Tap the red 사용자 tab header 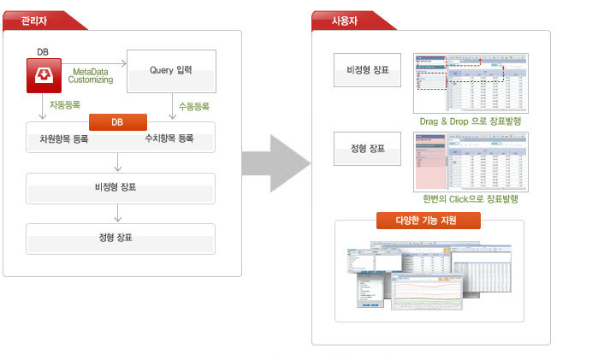tap(347, 20)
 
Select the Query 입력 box tap(171, 71)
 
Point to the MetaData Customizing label tap(91, 75)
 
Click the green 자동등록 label tap(65, 107)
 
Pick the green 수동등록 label tap(194, 107)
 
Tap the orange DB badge tap(117, 122)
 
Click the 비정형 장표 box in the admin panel tap(120, 187)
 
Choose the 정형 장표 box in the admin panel tap(120, 237)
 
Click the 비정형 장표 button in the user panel tap(368, 70)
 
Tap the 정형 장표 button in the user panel tap(368, 150)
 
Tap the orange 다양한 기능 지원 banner tap(429, 220)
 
